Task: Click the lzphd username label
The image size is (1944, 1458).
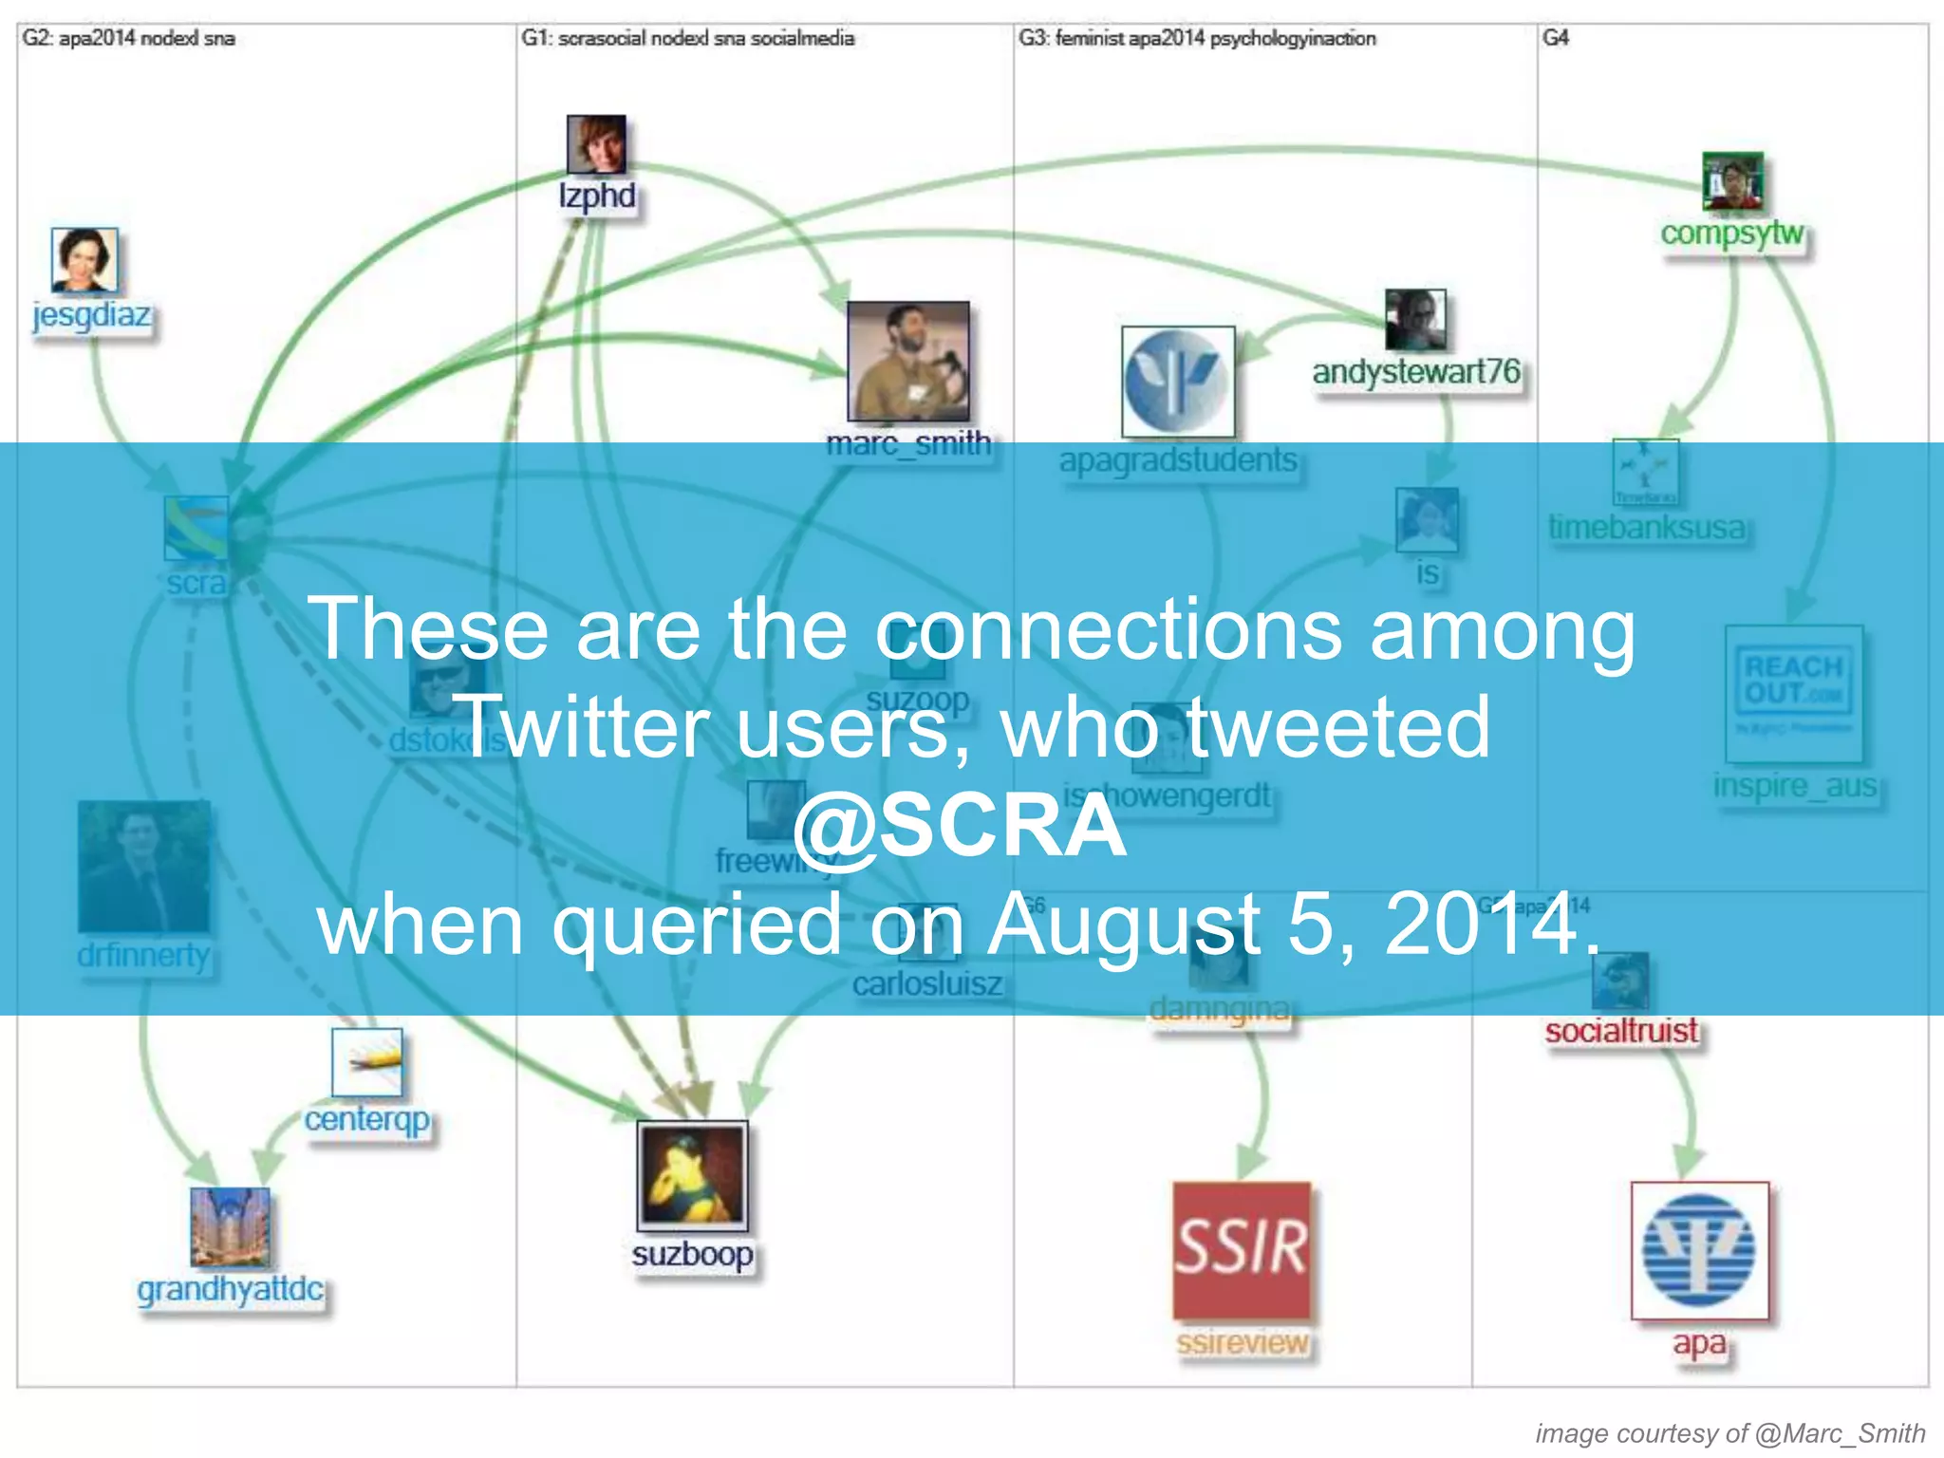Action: (597, 196)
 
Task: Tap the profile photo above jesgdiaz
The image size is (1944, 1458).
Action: (84, 260)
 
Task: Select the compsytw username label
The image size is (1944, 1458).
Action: (1731, 233)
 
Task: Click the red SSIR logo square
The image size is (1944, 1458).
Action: (1242, 1250)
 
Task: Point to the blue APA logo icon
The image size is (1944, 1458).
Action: (1699, 1250)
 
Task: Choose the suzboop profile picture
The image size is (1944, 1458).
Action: (692, 1176)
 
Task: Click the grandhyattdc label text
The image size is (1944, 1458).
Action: (230, 1289)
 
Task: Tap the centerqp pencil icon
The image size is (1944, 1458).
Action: (367, 1062)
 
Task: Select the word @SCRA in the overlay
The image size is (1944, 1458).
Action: (959, 825)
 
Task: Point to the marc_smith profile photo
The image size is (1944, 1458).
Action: (908, 362)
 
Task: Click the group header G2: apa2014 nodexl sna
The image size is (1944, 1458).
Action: (129, 39)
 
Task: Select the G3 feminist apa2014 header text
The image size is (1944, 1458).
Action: (1197, 39)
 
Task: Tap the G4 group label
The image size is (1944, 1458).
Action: (1555, 38)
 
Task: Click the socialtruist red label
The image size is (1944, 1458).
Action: (1621, 1031)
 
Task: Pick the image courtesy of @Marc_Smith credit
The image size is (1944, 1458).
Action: (1729, 1433)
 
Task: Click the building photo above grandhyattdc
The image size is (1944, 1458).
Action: (230, 1227)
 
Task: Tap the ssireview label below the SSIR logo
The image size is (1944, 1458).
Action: (1242, 1342)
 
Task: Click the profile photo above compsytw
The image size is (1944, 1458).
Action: (1732, 180)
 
